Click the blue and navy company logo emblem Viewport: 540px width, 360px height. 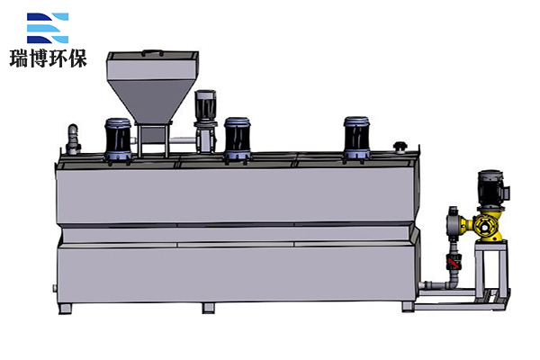48,28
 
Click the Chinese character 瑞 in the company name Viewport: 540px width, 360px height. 19,58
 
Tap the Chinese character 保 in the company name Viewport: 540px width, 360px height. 77,58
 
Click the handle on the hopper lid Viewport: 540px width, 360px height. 153,53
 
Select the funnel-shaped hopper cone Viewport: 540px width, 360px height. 151,101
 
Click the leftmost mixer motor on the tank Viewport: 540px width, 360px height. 118,139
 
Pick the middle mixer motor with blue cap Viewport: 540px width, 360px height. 238,139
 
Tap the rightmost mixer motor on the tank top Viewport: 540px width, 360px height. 356,139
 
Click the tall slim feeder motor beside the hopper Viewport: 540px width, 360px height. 205,121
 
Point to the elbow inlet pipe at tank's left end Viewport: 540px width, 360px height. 73,139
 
